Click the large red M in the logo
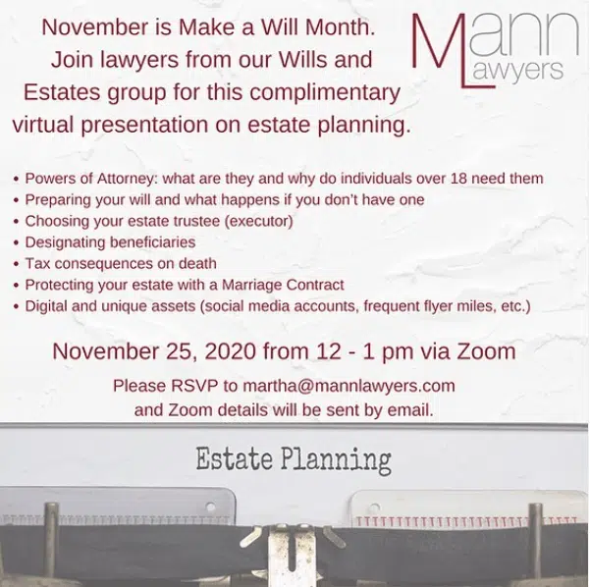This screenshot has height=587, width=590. (x=437, y=40)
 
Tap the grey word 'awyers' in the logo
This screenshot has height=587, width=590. (x=517, y=71)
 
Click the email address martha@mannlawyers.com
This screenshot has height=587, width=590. (x=349, y=386)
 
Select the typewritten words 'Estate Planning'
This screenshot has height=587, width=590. (x=294, y=459)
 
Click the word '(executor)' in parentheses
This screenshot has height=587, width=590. (x=258, y=221)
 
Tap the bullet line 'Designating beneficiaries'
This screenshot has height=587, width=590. (x=110, y=242)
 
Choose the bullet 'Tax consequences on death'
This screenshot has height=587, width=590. (x=121, y=264)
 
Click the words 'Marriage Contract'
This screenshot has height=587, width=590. (x=283, y=285)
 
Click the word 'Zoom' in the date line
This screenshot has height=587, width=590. (x=486, y=351)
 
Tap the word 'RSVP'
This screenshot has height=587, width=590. (x=194, y=386)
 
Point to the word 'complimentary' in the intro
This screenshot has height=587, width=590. (x=325, y=93)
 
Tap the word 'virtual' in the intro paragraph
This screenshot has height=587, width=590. (x=43, y=125)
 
